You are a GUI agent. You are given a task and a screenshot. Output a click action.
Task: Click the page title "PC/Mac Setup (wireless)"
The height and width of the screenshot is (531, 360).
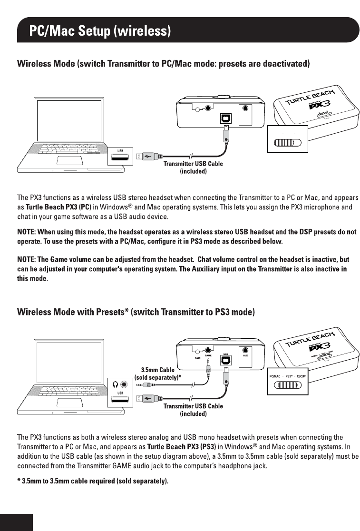99,31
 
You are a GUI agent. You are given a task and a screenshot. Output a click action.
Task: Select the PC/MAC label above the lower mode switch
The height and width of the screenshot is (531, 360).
276,376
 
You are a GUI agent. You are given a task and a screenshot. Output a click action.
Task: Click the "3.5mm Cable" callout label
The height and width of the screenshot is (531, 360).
157,369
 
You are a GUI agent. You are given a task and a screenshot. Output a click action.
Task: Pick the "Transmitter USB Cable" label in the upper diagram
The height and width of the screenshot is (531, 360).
193,164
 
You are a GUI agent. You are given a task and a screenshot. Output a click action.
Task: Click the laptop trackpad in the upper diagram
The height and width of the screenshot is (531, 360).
70,161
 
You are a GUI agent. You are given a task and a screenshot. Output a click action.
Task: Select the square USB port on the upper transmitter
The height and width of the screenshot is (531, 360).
226,118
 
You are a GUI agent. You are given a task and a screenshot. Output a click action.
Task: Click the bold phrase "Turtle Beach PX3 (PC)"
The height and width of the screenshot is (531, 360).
58,207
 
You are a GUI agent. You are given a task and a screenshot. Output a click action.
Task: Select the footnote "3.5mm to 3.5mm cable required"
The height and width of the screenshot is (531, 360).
93,481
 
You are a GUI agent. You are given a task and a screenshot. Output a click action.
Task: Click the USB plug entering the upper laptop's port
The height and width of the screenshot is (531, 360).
145,156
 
